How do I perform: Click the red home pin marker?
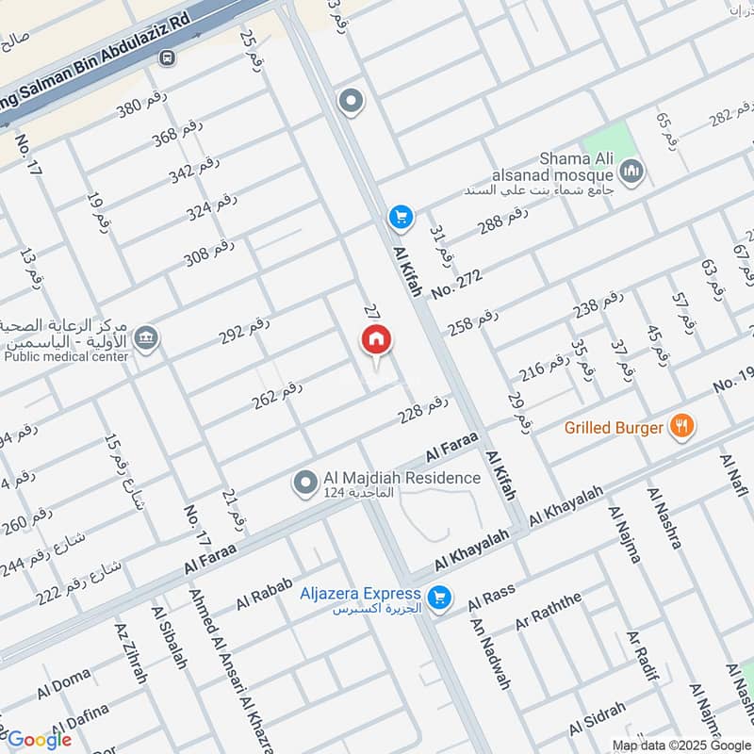376,341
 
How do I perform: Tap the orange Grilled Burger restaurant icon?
681,427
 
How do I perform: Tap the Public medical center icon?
146,338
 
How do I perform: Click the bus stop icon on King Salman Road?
168,58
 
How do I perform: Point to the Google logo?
39,739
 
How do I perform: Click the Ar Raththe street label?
549,613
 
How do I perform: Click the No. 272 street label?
457,284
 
